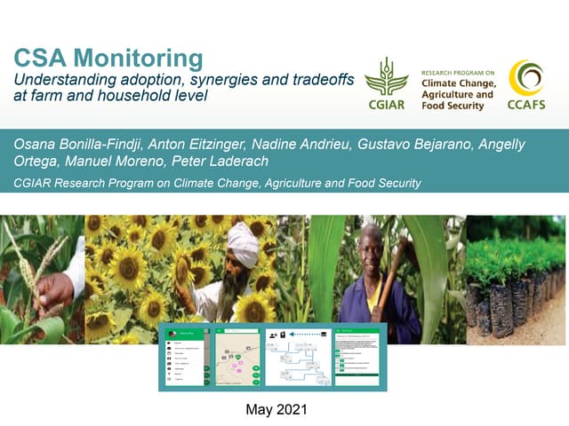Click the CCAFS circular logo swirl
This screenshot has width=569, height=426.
[x=526, y=78]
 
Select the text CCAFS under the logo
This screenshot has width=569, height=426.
[x=526, y=106]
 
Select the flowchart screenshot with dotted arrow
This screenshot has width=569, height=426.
[x=297, y=357]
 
